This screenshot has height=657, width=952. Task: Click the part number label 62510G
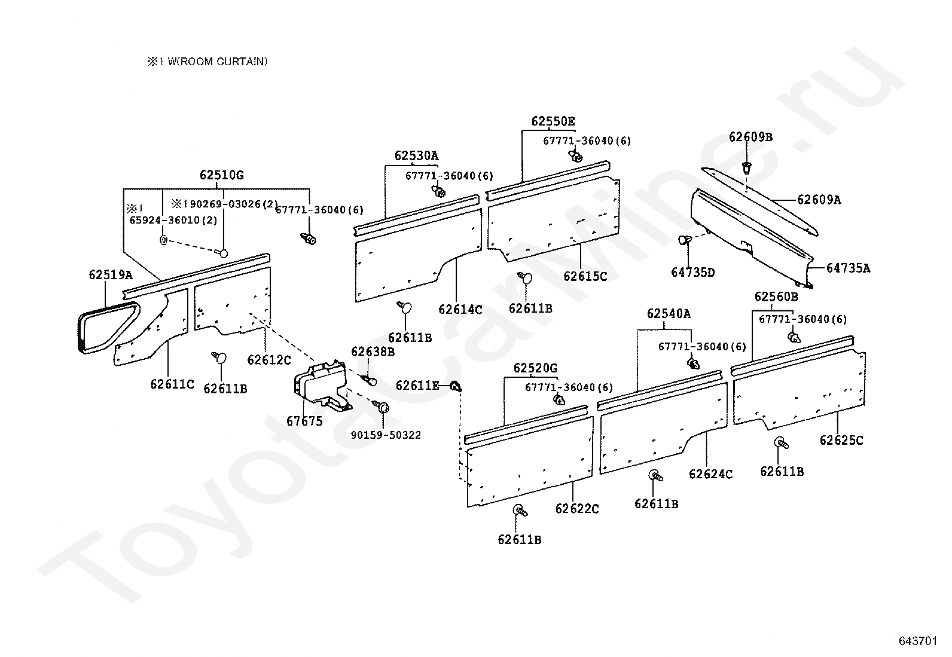[x=221, y=176]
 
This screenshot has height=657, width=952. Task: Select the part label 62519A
[x=110, y=275]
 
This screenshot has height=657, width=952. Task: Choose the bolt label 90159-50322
[x=386, y=435]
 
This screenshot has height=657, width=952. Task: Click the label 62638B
[x=373, y=352]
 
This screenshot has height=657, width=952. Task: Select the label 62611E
[x=417, y=386]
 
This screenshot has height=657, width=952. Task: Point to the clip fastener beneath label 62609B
[x=747, y=167]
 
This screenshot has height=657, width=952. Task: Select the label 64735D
[x=692, y=273]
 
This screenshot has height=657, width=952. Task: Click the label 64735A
[x=848, y=268]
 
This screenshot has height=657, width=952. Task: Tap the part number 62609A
[x=819, y=200]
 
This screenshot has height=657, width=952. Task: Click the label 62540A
[x=668, y=314]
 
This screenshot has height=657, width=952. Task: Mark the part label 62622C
[x=576, y=509]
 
